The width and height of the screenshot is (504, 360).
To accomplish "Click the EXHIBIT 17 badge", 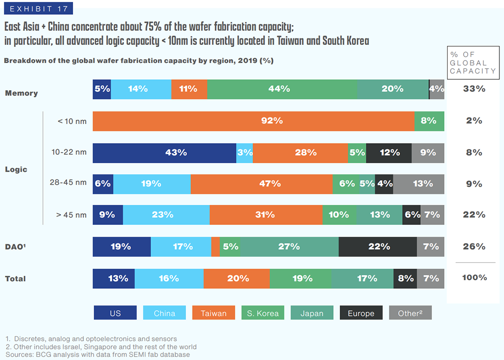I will (x=37, y=9).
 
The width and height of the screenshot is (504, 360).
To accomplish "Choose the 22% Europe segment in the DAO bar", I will (x=377, y=247).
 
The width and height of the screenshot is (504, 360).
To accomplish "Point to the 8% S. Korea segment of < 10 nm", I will (x=429, y=121).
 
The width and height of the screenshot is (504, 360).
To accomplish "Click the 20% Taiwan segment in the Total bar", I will (x=236, y=278).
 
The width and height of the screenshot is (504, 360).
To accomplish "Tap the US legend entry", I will (x=115, y=313).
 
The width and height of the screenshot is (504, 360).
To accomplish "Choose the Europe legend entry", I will (x=361, y=313).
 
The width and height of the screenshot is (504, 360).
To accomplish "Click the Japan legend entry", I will (x=312, y=313).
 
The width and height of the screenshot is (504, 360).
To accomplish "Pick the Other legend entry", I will (x=410, y=313).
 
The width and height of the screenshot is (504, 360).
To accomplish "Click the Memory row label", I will (x=21, y=93).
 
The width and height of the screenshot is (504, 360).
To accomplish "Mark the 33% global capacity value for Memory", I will (x=474, y=89).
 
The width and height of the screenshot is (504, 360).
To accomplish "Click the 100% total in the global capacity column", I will (x=474, y=278).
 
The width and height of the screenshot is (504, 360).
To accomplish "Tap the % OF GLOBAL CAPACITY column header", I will (x=473, y=63).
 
